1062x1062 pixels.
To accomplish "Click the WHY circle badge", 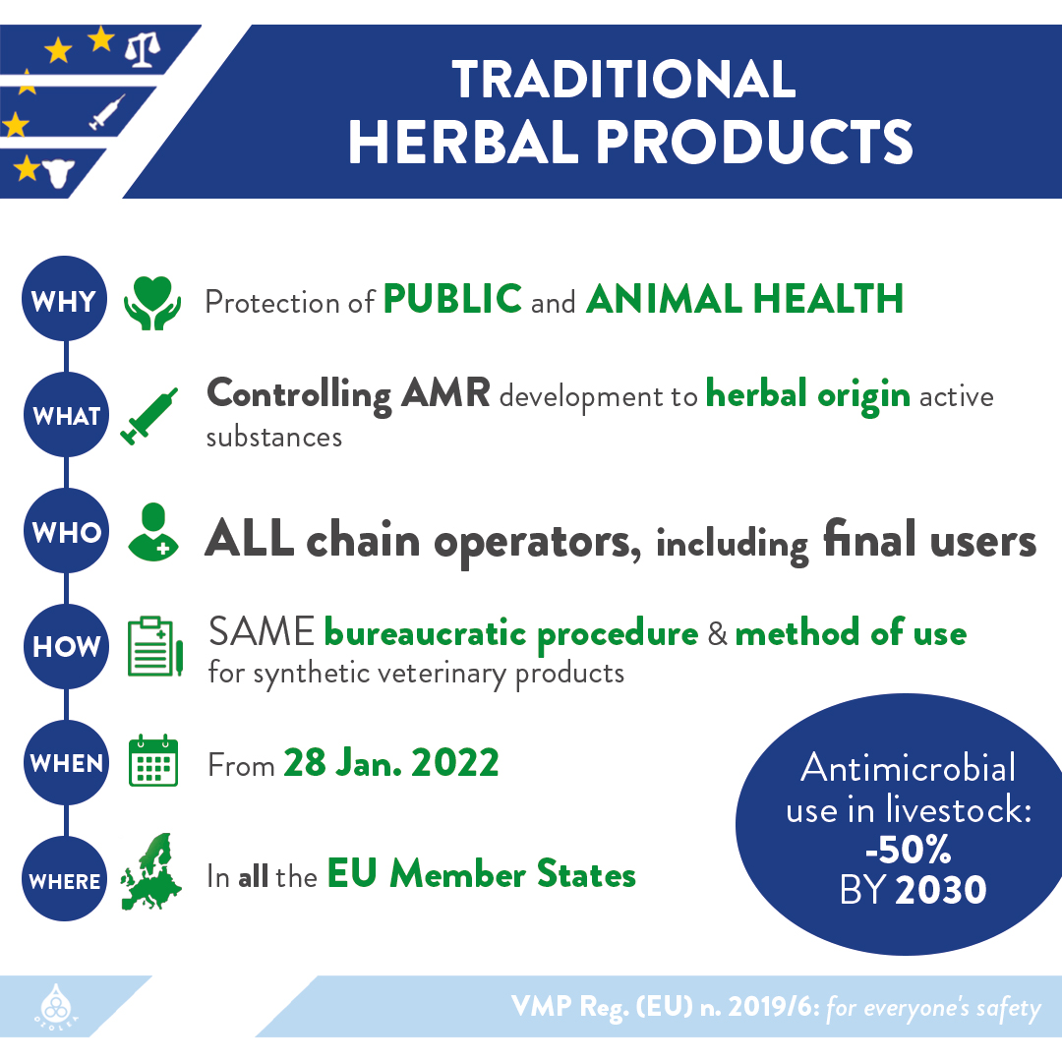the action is coord(64,298).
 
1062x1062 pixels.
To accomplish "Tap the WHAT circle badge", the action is coord(66,415).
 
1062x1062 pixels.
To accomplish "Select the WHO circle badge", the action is coord(66,530).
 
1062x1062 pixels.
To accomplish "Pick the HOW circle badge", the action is coord(66,646).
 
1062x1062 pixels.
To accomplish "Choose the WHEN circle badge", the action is coord(66,763).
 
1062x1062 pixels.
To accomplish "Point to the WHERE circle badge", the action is coord(64,878).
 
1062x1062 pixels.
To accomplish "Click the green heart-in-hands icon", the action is coord(152,303).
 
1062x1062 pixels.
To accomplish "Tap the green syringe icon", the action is coord(149,417).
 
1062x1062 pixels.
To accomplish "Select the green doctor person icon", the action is coord(153,532).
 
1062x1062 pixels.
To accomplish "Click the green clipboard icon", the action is coord(155,646).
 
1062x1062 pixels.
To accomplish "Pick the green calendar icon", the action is coord(153,760).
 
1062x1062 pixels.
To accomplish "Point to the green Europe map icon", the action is coord(151,871).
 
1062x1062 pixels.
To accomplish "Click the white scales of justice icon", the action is coord(143,51).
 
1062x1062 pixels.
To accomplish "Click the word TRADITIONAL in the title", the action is coord(623,80).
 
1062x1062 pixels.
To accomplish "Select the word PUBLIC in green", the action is coord(452,299).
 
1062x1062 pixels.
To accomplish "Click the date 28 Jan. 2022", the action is coord(391,763).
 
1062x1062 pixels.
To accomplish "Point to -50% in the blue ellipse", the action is coord(909,849).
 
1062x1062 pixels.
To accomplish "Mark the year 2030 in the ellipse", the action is coord(941,889).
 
